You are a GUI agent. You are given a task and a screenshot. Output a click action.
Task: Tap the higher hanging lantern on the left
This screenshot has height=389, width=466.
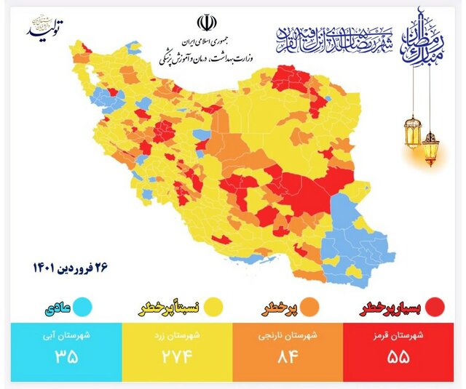412,132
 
